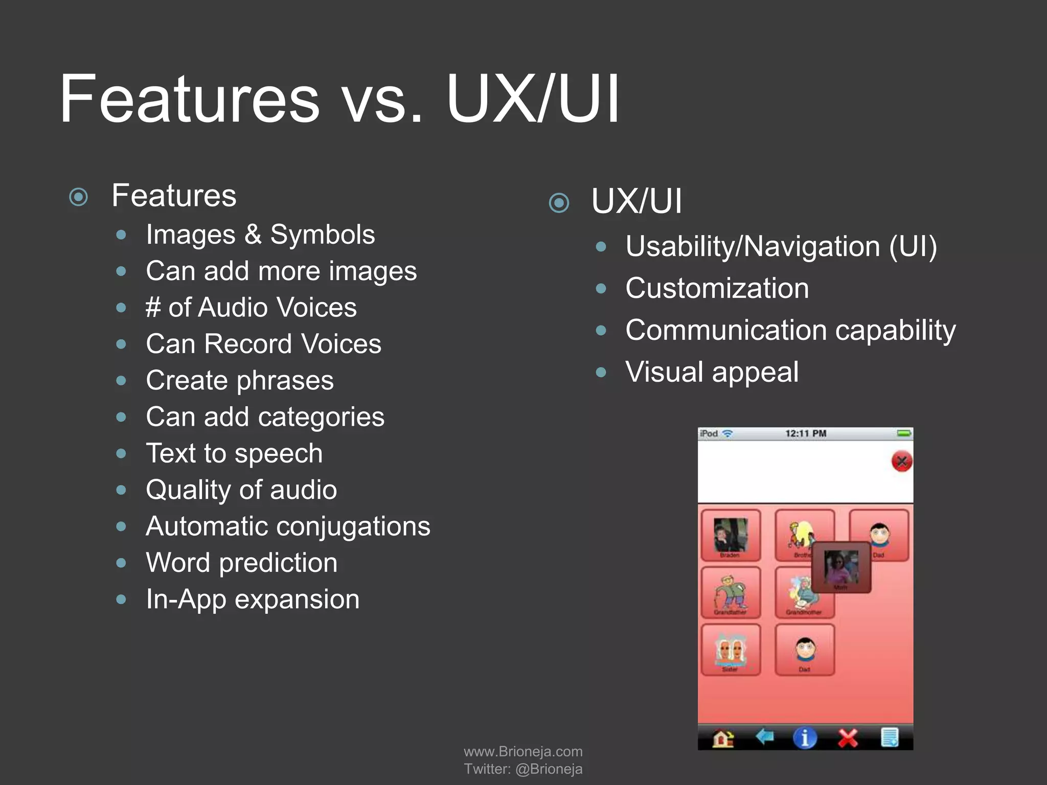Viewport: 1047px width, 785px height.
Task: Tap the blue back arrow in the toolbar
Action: click(764, 737)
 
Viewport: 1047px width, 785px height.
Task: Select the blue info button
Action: click(805, 738)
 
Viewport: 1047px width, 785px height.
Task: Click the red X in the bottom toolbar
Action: click(847, 738)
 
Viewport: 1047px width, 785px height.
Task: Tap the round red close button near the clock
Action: click(902, 461)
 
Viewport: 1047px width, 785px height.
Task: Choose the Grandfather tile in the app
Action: click(731, 592)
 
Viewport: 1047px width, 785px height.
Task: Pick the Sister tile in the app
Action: click(731, 650)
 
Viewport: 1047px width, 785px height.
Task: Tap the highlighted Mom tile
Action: click(841, 567)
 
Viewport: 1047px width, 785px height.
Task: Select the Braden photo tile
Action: click(731, 535)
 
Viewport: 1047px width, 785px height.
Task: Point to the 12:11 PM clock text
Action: click(806, 434)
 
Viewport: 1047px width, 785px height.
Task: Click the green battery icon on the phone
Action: click(904, 434)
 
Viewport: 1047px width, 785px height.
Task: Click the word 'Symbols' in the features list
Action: click(323, 235)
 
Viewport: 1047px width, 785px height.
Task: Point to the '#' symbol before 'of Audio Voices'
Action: click(153, 308)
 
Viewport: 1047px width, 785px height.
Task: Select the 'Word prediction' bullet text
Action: click(241, 563)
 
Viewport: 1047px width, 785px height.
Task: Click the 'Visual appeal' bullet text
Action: click(712, 372)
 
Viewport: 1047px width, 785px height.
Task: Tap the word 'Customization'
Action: click(717, 288)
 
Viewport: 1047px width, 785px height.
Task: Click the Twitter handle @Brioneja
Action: click(549, 769)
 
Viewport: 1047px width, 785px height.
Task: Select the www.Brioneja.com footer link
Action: click(523, 751)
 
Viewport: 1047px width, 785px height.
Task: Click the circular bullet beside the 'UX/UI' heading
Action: click(559, 203)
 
